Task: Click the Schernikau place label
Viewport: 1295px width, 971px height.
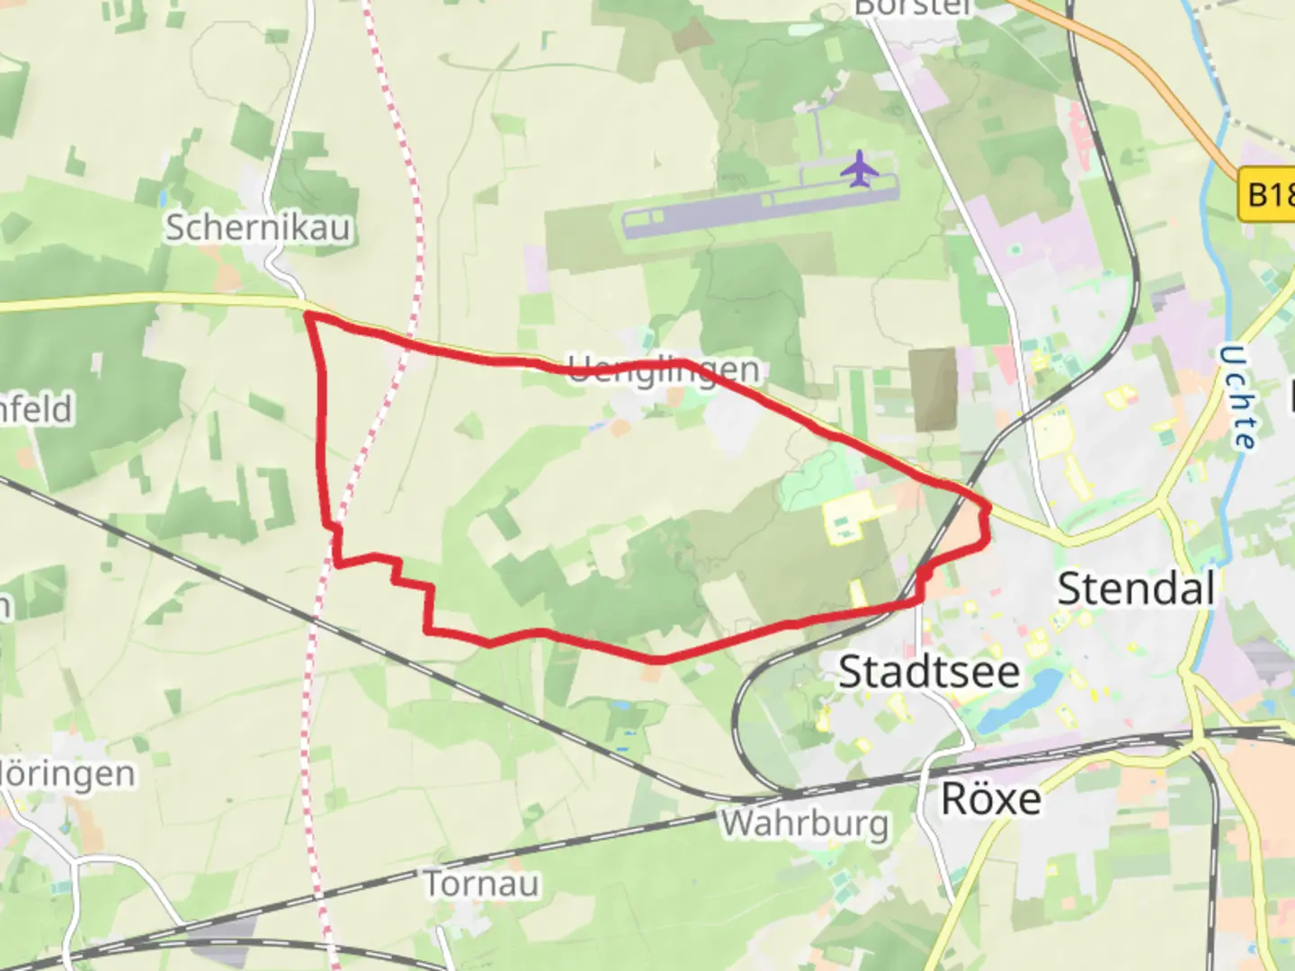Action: click(x=258, y=227)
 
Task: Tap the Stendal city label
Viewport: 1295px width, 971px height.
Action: click(x=1136, y=589)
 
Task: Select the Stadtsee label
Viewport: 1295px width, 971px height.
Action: click(x=929, y=672)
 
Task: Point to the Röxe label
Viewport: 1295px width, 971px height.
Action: click(x=991, y=798)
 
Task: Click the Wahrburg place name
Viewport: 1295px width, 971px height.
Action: click(x=804, y=823)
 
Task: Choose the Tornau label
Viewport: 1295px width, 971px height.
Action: click(x=481, y=884)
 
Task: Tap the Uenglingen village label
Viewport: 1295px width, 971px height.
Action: click(x=664, y=370)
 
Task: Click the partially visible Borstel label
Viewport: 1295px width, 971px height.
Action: click(x=913, y=8)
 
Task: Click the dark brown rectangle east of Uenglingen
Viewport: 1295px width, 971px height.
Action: click(x=933, y=389)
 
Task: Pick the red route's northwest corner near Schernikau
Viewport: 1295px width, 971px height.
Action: click(x=308, y=314)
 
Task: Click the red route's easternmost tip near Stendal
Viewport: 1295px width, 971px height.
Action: click(x=988, y=511)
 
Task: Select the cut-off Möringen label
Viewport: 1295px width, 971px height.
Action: click(x=67, y=773)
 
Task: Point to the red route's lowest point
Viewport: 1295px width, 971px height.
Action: click(x=657, y=660)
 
